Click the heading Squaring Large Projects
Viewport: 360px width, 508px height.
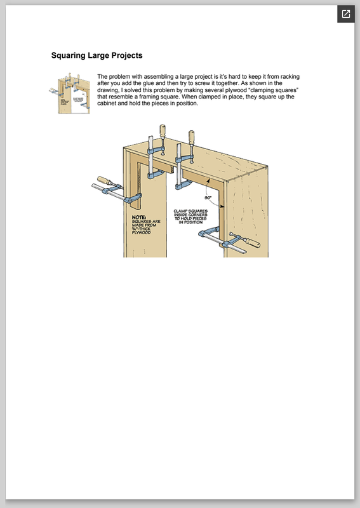pyautogui.click(x=97, y=55)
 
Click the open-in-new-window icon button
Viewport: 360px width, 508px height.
pyautogui.click(x=346, y=14)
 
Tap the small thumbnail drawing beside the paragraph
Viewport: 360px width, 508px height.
pyautogui.click(x=69, y=93)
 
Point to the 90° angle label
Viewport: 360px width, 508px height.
pyautogui.click(x=208, y=197)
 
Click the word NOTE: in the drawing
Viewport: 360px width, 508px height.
pyautogui.click(x=139, y=217)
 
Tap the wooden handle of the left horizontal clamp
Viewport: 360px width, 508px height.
pyautogui.click(x=105, y=181)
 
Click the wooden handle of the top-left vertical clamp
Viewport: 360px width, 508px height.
pyautogui.click(x=163, y=132)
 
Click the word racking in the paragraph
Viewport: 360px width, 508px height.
pyautogui.click(x=290, y=77)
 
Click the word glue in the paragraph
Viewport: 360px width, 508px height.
pyautogui.click(x=149, y=83)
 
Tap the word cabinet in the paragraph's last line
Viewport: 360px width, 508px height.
pyautogui.click(x=107, y=104)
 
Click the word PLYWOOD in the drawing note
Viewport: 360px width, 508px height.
pyautogui.click(x=142, y=232)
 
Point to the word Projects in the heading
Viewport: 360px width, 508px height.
pyautogui.click(x=127, y=56)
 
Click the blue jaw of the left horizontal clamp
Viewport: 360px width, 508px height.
pyautogui.click(x=133, y=198)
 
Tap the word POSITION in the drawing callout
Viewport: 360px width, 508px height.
pyautogui.click(x=193, y=222)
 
